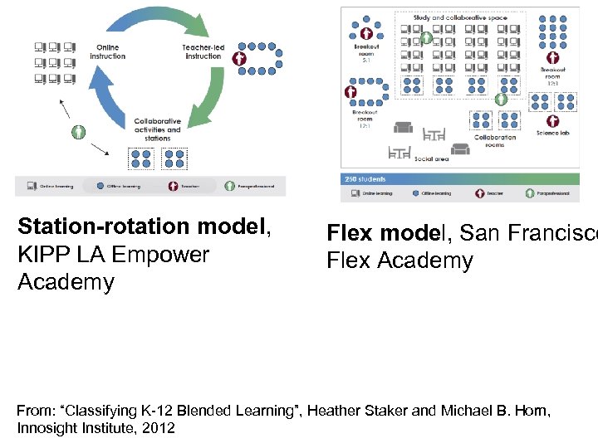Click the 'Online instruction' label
coord(108,51)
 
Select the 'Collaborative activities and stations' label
coord(157,129)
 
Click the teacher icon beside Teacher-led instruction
coord(240,59)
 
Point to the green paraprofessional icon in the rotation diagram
coord(79,132)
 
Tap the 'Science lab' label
coord(553,133)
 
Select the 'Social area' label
coord(432,158)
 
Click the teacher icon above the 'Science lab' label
coord(501,99)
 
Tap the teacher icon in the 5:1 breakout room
coord(366,33)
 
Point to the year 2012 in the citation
coord(158,428)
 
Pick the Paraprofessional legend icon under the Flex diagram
coord(530,192)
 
